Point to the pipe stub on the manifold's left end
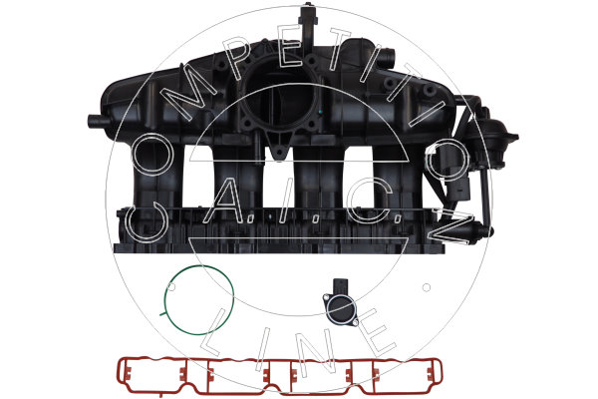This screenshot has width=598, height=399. click(99, 121)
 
